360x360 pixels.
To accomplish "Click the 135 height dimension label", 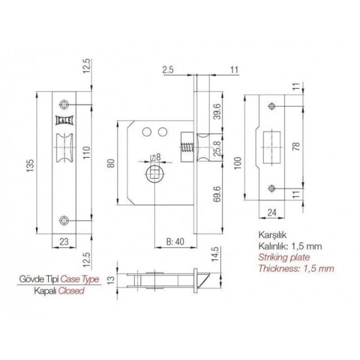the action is tap(31, 166).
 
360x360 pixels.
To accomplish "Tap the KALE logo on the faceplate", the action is tap(64, 121).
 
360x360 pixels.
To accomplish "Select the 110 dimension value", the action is tap(86, 153).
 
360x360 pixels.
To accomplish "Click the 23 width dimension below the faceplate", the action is tap(64, 242).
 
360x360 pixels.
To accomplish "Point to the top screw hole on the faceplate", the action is tap(64, 104).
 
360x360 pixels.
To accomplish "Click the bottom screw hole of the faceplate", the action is tap(64, 220).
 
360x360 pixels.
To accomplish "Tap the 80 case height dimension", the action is tap(111, 163).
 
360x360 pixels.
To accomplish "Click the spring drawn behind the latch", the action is tap(187, 148).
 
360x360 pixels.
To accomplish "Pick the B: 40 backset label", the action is tap(175, 242).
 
